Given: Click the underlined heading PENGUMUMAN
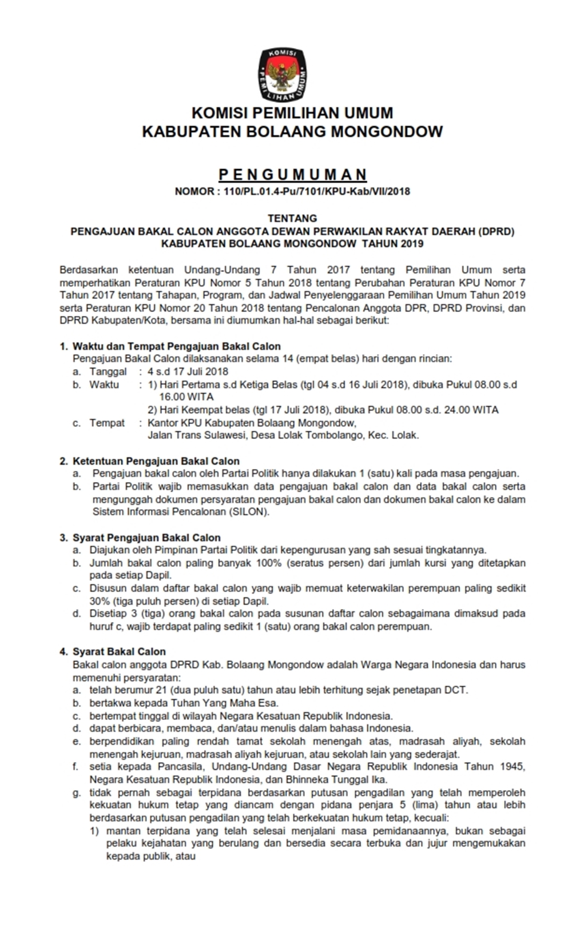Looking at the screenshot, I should (x=292, y=174).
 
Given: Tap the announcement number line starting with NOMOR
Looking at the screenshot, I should (x=292, y=191).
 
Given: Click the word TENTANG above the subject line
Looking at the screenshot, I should (x=292, y=218).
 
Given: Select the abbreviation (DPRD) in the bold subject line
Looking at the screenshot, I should (x=497, y=231).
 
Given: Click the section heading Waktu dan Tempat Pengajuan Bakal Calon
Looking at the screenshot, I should (x=176, y=346).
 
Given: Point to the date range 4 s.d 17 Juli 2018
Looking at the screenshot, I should (x=188, y=372).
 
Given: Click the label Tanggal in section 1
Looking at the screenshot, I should (x=108, y=372).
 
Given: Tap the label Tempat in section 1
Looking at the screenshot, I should (x=106, y=423).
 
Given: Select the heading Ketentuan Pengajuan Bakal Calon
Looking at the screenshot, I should (x=156, y=461).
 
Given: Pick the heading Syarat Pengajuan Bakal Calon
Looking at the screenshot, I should (x=146, y=538).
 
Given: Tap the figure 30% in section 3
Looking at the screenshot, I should (x=100, y=602).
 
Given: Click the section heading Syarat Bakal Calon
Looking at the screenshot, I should (x=119, y=652).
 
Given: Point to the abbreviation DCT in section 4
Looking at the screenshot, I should (x=455, y=690).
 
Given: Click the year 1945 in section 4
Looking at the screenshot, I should (x=512, y=767).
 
